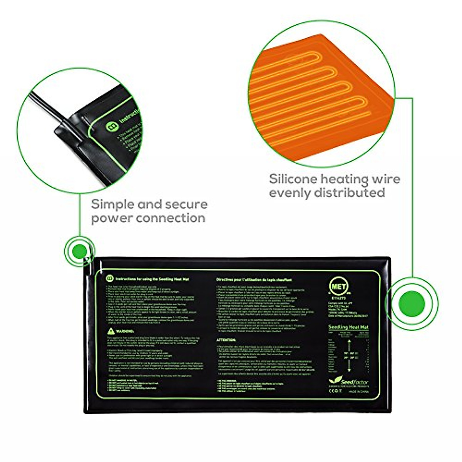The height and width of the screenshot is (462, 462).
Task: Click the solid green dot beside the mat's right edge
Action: (x=412, y=304)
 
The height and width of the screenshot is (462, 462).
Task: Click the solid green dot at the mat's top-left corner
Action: (x=80, y=251)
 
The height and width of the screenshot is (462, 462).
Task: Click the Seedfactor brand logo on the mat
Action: (x=349, y=382)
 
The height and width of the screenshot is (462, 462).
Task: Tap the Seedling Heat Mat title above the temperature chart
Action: (x=348, y=327)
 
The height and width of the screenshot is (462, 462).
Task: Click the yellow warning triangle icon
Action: (x=111, y=331)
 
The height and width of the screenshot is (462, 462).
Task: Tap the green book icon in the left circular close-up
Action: (x=112, y=127)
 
